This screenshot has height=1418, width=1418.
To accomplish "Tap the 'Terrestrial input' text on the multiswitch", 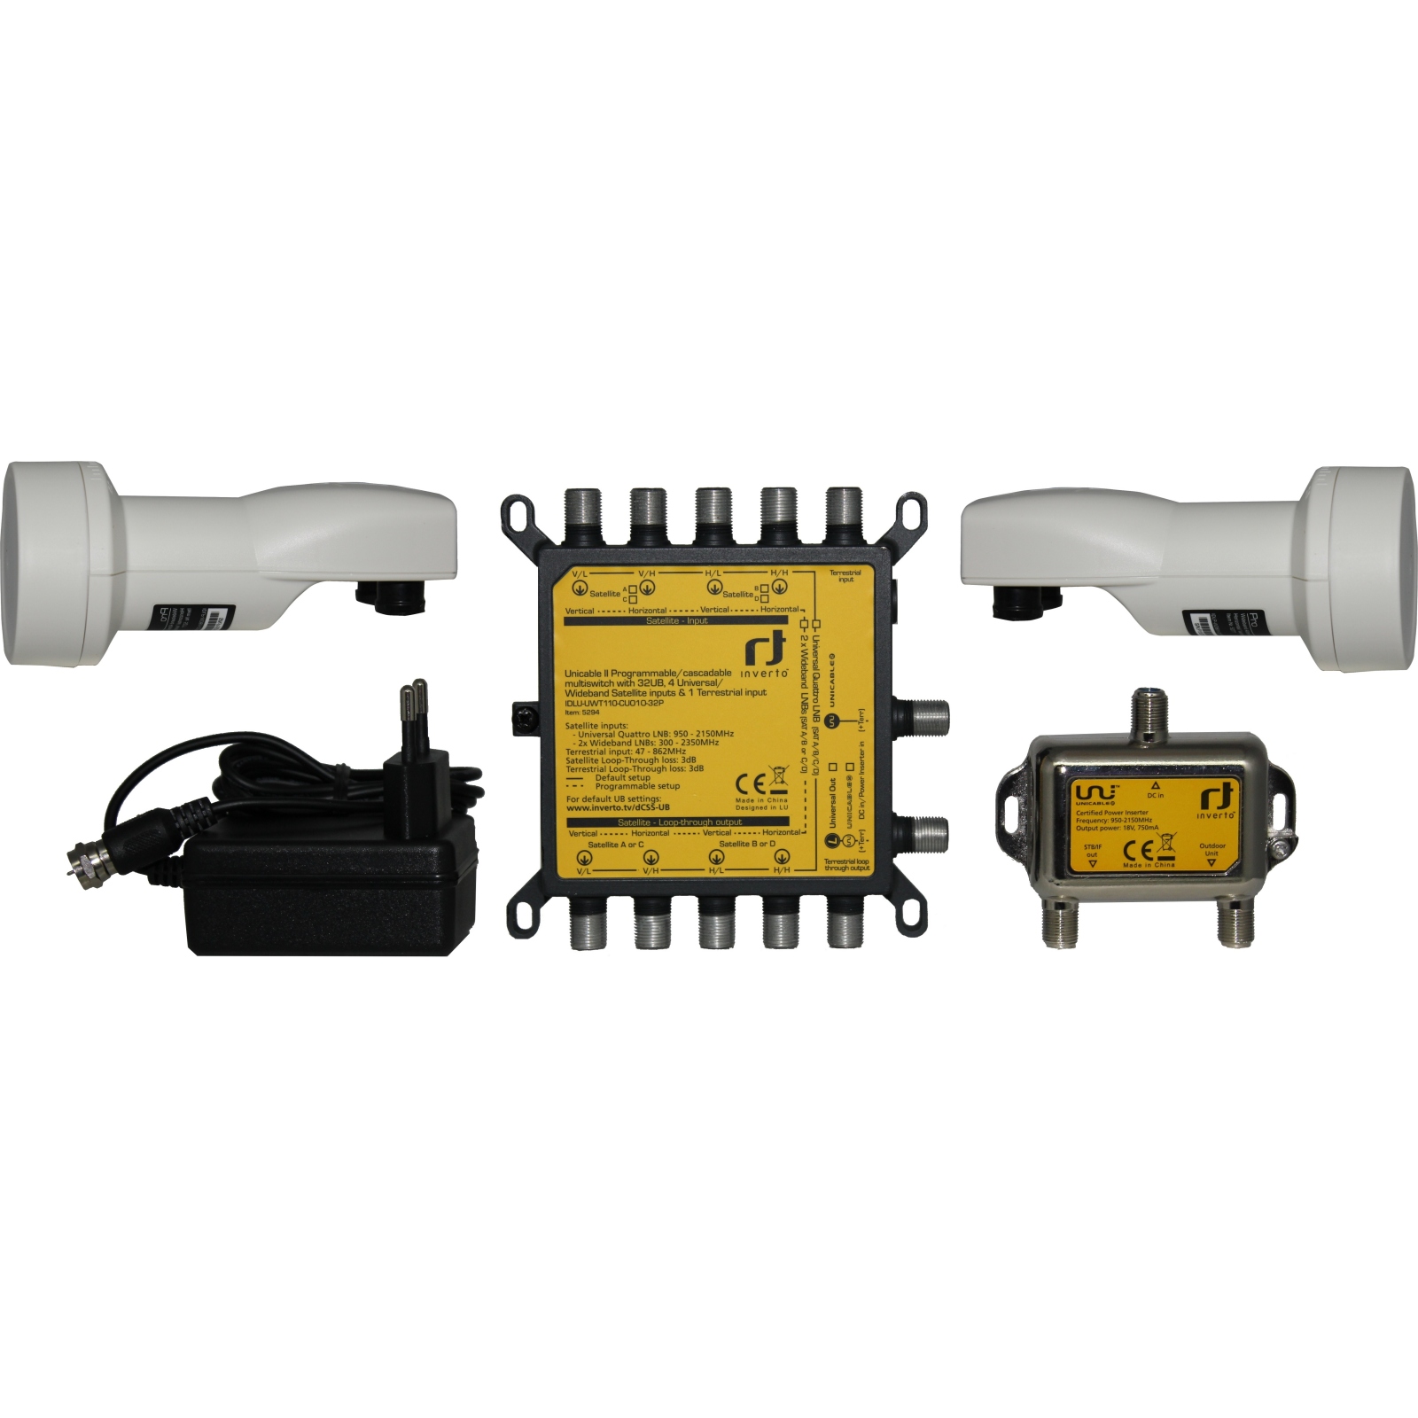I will [x=845, y=576].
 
